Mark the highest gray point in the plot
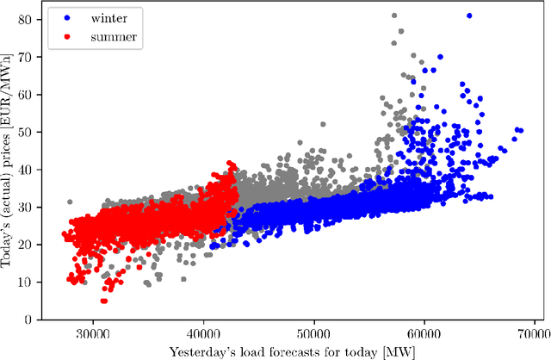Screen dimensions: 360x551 (x=393, y=16)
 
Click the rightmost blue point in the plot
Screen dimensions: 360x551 (x=520, y=130)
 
